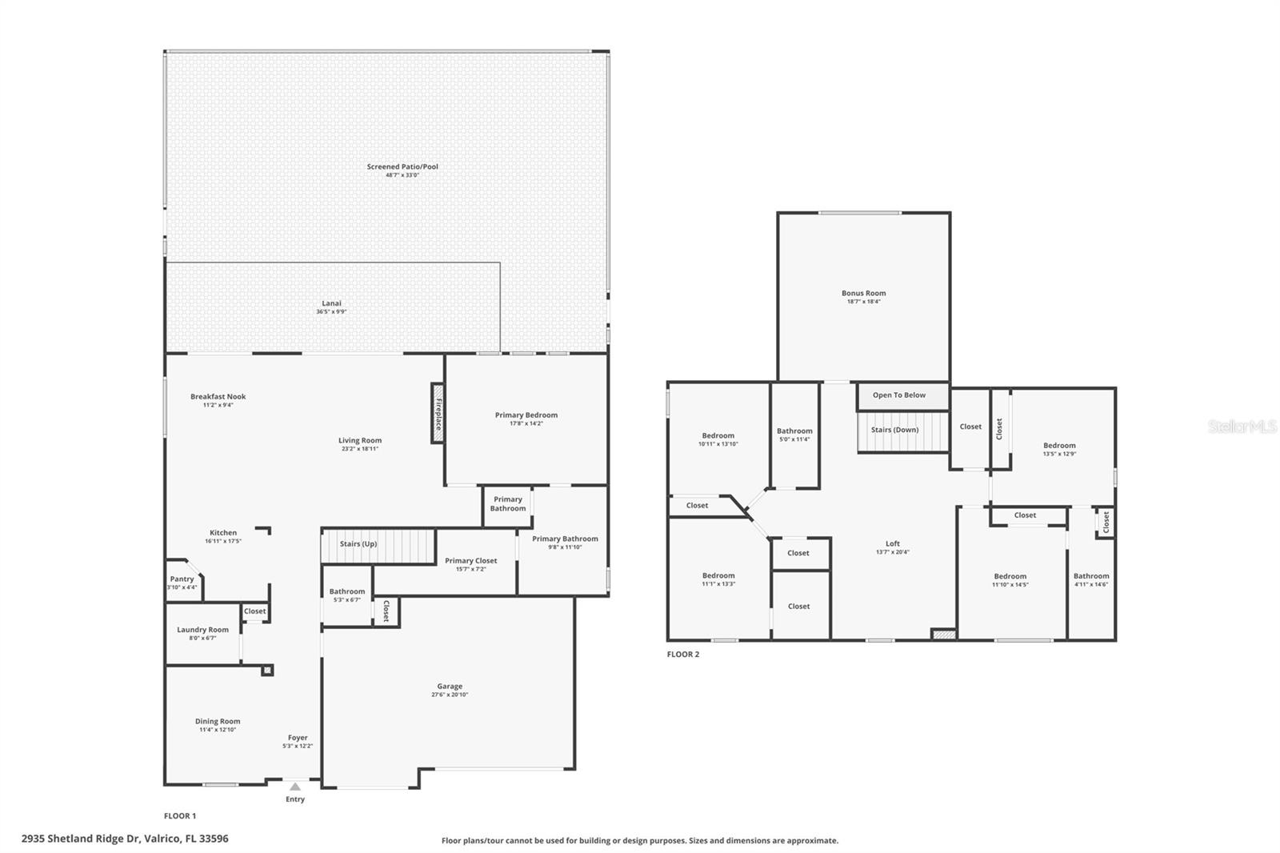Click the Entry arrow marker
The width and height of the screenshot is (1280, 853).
click(295, 787)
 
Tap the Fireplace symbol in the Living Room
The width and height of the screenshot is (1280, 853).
click(438, 413)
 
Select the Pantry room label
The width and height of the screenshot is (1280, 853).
click(182, 579)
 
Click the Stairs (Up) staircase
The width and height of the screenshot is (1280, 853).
click(378, 545)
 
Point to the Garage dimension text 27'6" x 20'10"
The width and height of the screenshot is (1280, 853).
click(450, 695)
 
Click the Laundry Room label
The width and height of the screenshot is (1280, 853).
click(202, 630)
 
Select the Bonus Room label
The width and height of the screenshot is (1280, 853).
click(863, 293)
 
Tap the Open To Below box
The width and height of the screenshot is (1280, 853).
click(899, 395)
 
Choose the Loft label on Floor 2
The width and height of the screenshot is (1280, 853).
click(892, 543)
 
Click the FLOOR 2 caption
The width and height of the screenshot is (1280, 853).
click(682, 655)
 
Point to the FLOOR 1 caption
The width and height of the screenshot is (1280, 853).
click(179, 816)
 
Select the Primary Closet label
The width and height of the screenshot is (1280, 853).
click(470, 561)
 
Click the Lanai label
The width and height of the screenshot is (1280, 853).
click(331, 303)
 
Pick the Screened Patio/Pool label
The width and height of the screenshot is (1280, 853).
click(402, 166)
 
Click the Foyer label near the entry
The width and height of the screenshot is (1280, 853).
click(298, 738)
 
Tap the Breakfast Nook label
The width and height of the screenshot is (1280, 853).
click(218, 396)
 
